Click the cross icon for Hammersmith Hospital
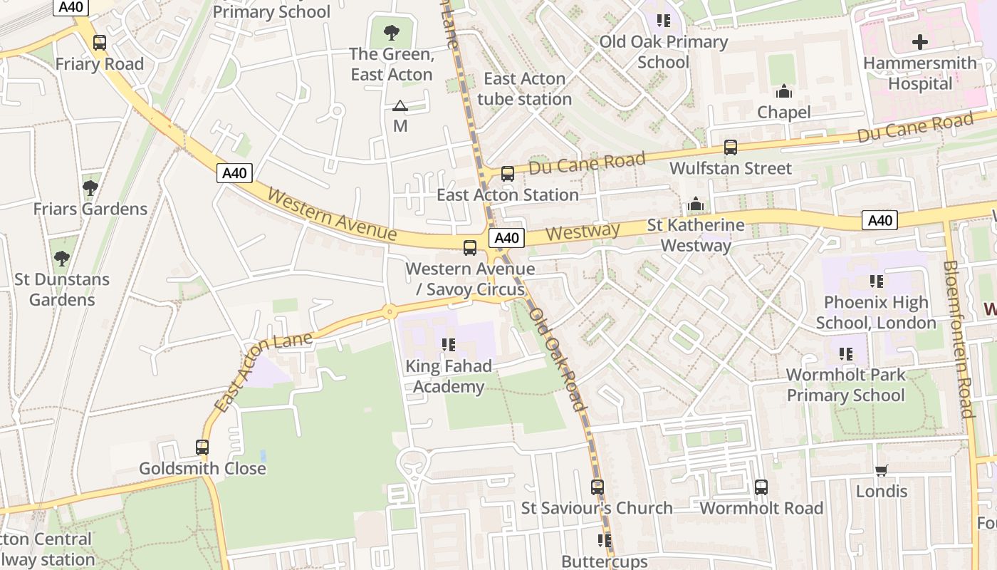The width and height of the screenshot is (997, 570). click(x=920, y=42)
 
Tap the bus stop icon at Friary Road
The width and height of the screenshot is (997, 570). click(x=100, y=43)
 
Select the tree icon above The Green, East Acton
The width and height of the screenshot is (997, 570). click(x=391, y=32)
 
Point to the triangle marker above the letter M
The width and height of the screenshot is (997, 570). click(x=400, y=106)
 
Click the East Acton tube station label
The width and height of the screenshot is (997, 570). click(x=524, y=89)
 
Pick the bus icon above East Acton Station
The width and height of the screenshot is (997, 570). click(x=508, y=173)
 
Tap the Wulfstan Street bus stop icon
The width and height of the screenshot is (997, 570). click(x=731, y=147)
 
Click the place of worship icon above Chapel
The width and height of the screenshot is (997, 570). click(x=784, y=91)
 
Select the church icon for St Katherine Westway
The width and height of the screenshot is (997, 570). click(x=696, y=204)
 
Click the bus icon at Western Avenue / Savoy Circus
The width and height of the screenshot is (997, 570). click(x=470, y=247)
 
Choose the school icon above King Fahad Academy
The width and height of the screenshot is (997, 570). click(x=449, y=345)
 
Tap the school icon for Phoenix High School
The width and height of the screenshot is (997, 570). click(x=876, y=281)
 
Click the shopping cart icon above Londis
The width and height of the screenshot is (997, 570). click(x=882, y=470)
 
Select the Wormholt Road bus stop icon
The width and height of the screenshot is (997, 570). click(x=761, y=487)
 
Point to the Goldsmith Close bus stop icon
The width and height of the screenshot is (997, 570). click(x=202, y=447)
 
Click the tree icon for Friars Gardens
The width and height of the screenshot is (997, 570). click(x=90, y=188)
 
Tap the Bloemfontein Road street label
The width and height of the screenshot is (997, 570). click(x=957, y=338)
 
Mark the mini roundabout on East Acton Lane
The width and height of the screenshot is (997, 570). click(x=389, y=311)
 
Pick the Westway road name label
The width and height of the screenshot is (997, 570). click(x=583, y=232)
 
